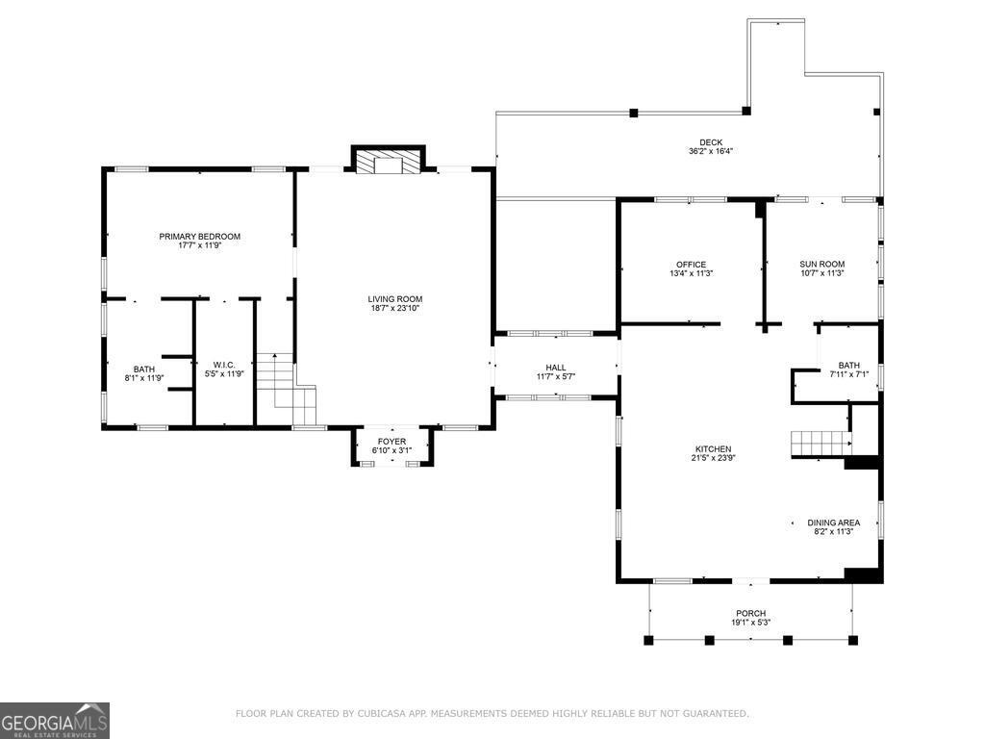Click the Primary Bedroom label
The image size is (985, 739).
click(x=199, y=236)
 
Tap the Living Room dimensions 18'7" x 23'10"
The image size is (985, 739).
click(x=394, y=309)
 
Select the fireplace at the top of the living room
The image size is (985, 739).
click(x=389, y=161)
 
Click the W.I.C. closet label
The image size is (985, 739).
click(x=224, y=365)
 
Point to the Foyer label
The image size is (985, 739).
click(x=391, y=441)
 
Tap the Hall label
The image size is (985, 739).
click(x=556, y=367)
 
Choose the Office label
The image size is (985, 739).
click(x=691, y=265)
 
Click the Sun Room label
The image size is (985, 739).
click(x=821, y=265)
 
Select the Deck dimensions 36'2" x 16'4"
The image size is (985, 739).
click(x=711, y=152)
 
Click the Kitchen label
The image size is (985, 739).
click(x=714, y=448)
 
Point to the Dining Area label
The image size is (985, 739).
click(x=833, y=522)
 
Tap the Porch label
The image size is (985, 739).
click(x=750, y=613)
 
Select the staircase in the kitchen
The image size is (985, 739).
click(x=820, y=444)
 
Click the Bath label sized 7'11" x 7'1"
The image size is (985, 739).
click(x=848, y=365)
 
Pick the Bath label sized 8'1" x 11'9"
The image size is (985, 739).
click(x=144, y=369)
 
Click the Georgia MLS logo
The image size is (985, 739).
click(x=55, y=721)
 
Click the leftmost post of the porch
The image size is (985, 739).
click(x=649, y=639)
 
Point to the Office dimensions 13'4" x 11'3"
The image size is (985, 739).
click(x=691, y=274)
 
